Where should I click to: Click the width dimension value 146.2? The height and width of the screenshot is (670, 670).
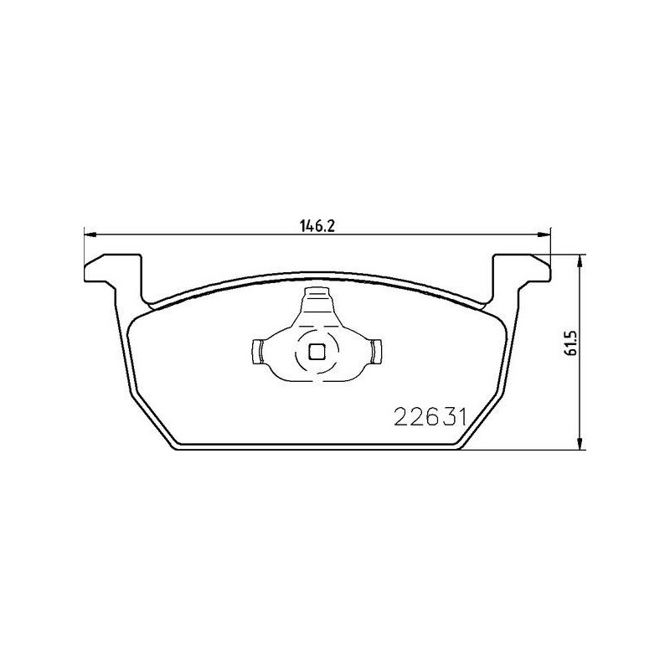tap(317, 226)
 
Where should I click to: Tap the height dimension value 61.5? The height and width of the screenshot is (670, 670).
tap(571, 343)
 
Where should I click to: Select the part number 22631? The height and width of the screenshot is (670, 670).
tap(430, 416)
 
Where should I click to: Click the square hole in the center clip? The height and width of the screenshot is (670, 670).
tap(317, 352)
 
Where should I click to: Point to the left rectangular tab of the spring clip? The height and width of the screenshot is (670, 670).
tap(257, 352)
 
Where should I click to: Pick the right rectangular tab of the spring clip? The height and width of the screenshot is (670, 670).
tap(377, 352)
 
